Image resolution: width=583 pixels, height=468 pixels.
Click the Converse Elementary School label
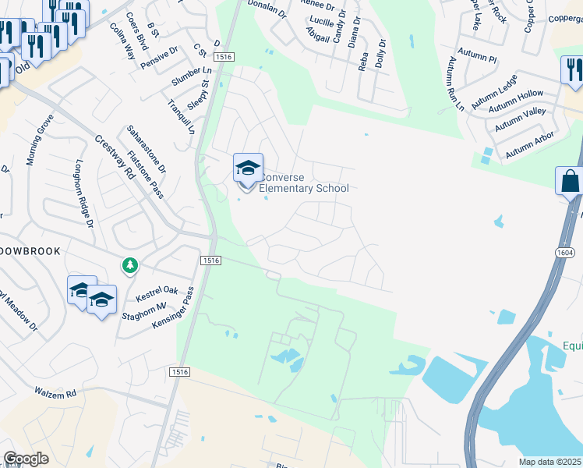coord(303,183)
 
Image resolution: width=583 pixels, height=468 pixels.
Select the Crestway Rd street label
coord(115,157)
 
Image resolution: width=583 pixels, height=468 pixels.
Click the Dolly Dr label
coord(380,54)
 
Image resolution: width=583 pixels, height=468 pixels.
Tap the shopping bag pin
coord(570,182)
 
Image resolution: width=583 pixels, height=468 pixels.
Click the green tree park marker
coord(129,266)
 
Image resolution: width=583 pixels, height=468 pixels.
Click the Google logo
coord(26,459)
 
